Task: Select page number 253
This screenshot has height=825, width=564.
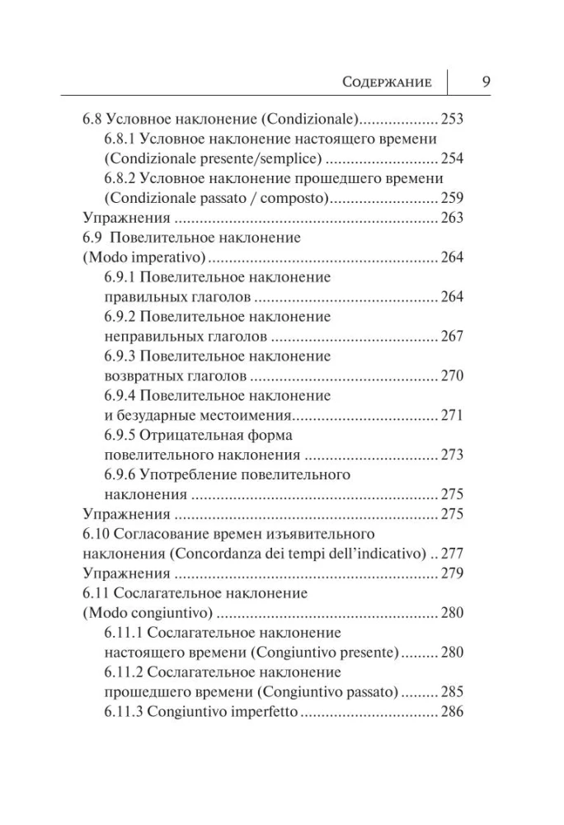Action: [453, 118]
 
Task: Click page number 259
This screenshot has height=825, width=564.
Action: [453, 198]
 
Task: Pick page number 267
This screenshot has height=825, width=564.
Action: [453, 337]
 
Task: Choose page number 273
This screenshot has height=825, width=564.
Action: [453, 455]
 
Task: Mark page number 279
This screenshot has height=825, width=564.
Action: [453, 573]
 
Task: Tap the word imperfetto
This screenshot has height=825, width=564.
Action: [256, 712]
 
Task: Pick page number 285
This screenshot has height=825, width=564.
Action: [453, 692]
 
